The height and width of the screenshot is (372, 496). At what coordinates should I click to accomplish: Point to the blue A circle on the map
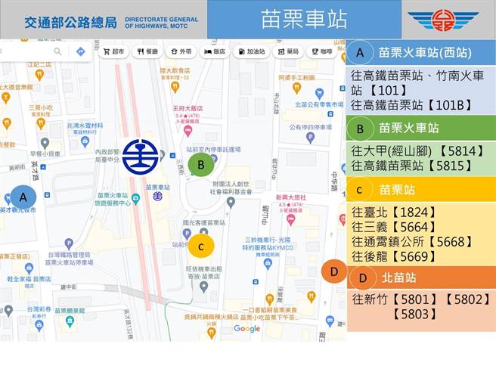click(23, 197)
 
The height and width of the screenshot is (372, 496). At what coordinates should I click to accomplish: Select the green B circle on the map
click(201, 163)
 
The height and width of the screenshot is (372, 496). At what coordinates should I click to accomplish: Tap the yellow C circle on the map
click(201, 245)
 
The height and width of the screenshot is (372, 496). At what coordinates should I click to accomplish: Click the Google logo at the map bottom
click(246, 328)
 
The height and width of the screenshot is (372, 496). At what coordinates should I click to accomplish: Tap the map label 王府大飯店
click(187, 108)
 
